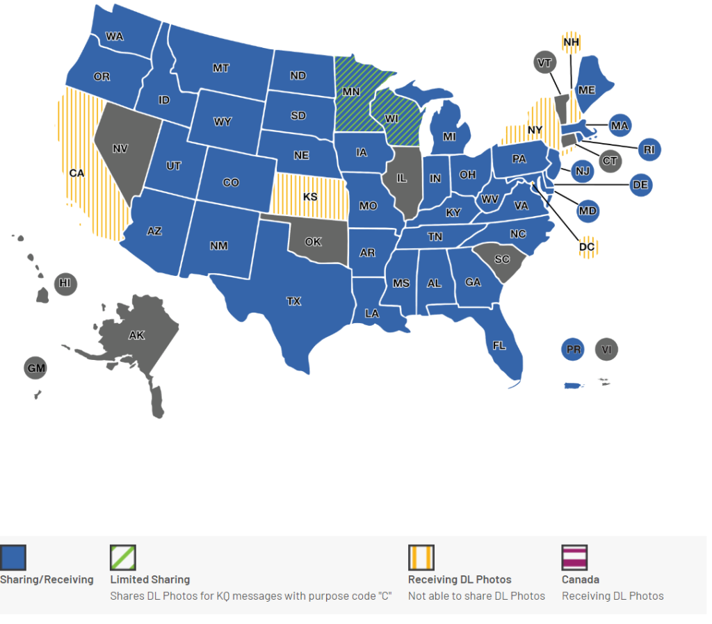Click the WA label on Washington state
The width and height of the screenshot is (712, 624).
pos(115,37)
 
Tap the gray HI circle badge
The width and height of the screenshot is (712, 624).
pos(65,284)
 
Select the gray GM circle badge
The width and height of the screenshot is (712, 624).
pos(36,368)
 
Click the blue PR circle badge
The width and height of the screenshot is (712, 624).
pos(574,350)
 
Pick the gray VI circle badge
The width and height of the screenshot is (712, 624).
pos(607,350)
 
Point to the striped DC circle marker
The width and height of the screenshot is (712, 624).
pos(588,247)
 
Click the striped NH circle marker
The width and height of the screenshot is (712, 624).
pos(572,42)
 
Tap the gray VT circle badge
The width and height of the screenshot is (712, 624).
pos(545,63)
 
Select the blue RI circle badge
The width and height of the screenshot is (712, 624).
pos(649,149)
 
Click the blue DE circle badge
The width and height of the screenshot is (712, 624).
pos(640,185)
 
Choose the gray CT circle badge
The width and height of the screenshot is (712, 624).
pos(609,161)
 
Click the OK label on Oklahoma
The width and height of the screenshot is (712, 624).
pos(314,242)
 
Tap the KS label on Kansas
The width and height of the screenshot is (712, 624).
pos(310,197)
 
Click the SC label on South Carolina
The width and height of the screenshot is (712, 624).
pos(502,259)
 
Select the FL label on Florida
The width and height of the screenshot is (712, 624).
pos(499,345)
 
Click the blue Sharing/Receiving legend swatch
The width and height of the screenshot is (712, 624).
pos(13,557)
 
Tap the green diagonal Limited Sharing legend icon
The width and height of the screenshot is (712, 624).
pos(123,557)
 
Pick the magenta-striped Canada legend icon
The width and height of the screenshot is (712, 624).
pos(574,557)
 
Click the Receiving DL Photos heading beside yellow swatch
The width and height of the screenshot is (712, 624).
pos(460,580)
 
